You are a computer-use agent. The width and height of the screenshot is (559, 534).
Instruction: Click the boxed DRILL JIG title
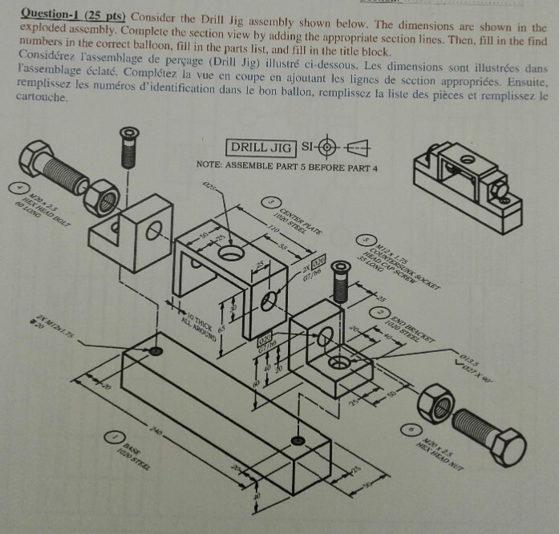[x=260, y=148]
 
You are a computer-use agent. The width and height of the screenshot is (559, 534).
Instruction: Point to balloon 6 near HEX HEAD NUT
[x=410, y=431]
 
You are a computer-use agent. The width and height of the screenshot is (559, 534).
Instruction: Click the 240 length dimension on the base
[x=156, y=434]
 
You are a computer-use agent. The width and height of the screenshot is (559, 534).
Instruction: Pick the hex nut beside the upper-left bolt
[x=102, y=197]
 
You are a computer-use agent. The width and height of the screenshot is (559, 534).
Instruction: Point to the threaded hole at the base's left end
[x=154, y=352]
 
